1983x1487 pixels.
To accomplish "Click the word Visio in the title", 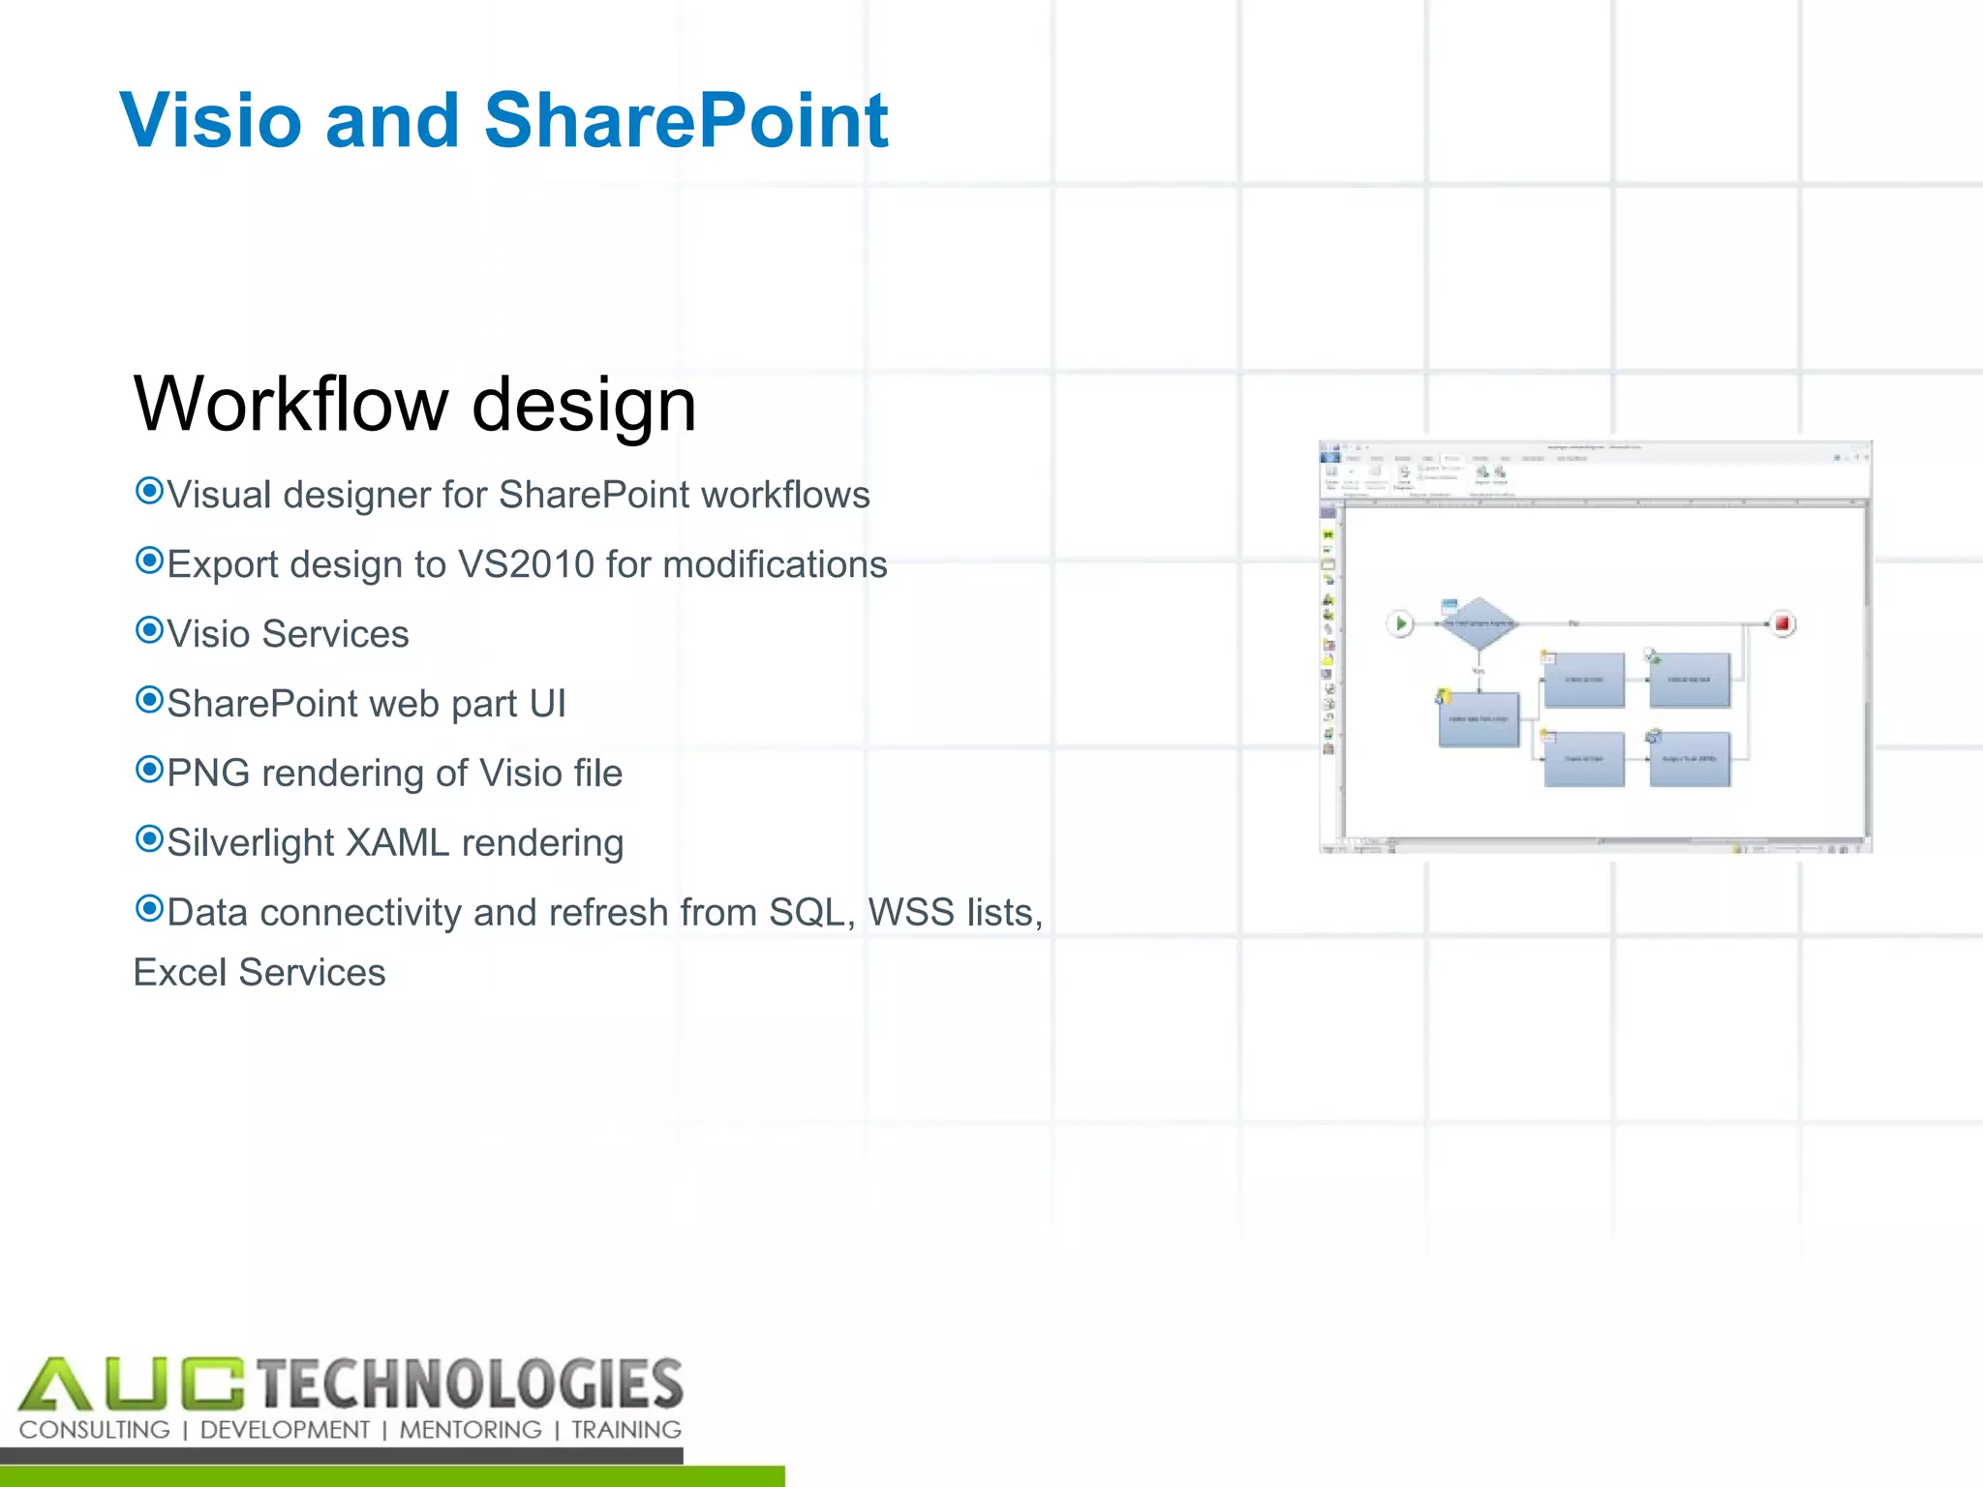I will [x=210, y=120].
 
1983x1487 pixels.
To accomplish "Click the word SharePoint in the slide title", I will [x=686, y=120].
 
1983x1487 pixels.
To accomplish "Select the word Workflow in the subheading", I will [x=290, y=404].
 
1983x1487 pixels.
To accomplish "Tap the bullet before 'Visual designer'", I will [x=149, y=491].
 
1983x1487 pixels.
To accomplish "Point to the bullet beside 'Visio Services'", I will [x=149, y=630].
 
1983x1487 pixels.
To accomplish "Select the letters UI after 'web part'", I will [x=547, y=704].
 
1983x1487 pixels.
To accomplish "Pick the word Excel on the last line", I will [x=180, y=973].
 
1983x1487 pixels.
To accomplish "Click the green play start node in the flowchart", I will [x=1400, y=623].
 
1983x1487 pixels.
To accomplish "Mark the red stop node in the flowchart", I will [x=1782, y=623].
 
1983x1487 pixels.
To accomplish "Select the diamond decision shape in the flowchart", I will [x=1478, y=623].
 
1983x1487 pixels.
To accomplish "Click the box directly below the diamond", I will [x=1479, y=719].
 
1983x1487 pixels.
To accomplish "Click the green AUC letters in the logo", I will [x=131, y=1383].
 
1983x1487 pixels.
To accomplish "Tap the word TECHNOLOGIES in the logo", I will [x=471, y=1383].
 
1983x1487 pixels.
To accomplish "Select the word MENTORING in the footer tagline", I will [x=471, y=1430].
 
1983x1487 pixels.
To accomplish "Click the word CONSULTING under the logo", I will [x=95, y=1430].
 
